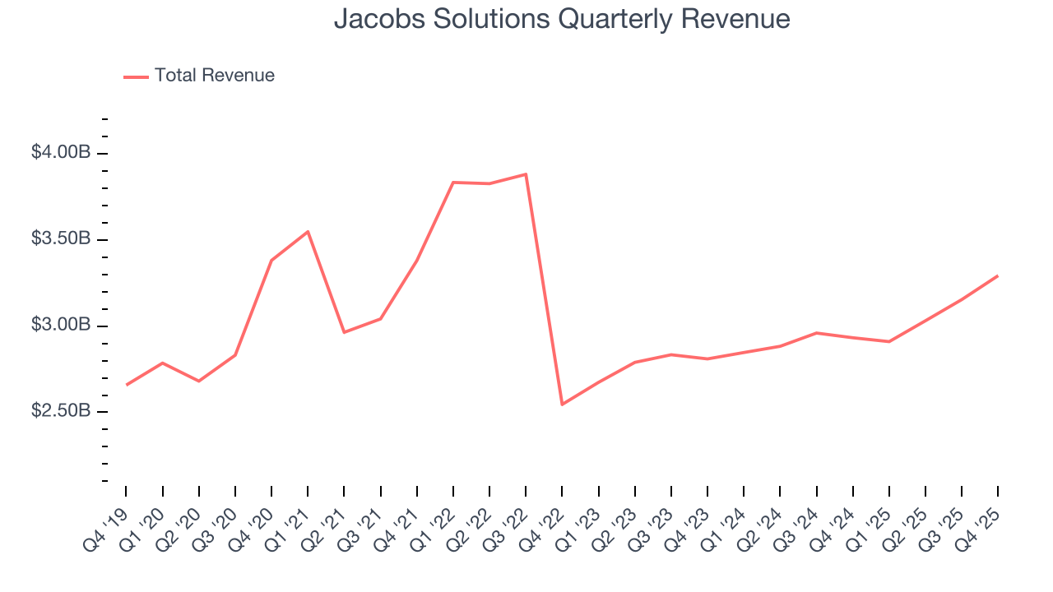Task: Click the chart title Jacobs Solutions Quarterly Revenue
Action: [562, 19]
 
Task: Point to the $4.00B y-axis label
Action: [60, 153]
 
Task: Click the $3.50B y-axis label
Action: [60, 239]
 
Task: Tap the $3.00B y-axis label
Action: [60, 325]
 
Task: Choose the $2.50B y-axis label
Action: [60, 410]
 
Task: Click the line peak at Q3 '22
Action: [525, 174]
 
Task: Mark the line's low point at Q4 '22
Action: [562, 405]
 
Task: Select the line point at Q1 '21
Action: [308, 232]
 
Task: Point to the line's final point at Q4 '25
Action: [997, 276]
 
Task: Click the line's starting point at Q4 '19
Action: [127, 385]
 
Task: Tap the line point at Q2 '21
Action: [344, 332]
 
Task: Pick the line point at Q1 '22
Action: [453, 183]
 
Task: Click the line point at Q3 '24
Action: [815, 333]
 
